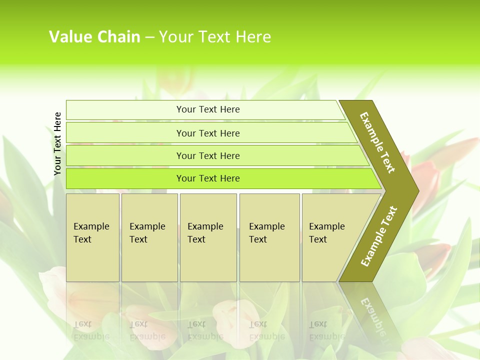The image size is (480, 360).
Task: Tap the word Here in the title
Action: click(x=253, y=37)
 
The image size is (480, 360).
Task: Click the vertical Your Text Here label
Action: click(x=57, y=143)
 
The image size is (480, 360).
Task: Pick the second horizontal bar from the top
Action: click(x=208, y=133)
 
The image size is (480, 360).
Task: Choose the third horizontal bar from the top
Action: click(x=208, y=155)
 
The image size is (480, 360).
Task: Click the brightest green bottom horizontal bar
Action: click(x=208, y=178)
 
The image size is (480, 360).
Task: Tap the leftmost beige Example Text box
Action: click(x=92, y=237)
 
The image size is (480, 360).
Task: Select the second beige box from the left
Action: click(x=149, y=237)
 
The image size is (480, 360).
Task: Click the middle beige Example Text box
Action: click(x=208, y=237)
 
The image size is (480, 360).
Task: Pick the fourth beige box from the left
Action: click(x=269, y=237)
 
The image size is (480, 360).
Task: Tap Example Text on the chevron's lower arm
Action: click(x=378, y=236)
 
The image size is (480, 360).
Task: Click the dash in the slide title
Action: click(x=149, y=37)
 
